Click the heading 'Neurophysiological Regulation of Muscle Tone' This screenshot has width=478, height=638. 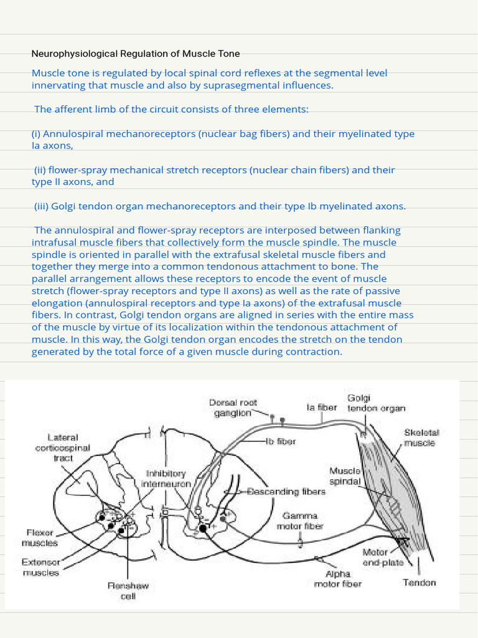(x=136, y=54)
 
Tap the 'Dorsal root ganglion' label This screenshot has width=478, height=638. (x=232, y=407)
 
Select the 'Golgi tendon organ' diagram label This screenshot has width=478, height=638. (x=376, y=403)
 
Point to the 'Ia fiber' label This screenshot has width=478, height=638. (x=322, y=407)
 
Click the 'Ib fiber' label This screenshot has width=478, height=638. (x=281, y=441)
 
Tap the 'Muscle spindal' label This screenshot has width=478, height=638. (x=345, y=475)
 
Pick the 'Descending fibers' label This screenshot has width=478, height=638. (x=286, y=492)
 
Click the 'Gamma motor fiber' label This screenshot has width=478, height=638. (x=301, y=521)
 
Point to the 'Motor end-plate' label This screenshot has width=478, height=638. (x=382, y=557)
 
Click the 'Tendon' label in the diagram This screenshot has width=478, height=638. (x=419, y=583)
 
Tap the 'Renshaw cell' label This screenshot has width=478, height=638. (x=128, y=591)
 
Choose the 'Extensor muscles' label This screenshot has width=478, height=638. (x=41, y=567)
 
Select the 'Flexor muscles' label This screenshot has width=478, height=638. (x=40, y=538)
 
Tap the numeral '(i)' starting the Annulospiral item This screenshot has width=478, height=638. (x=36, y=134)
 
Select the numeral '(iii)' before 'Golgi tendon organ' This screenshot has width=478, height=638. (x=41, y=206)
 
